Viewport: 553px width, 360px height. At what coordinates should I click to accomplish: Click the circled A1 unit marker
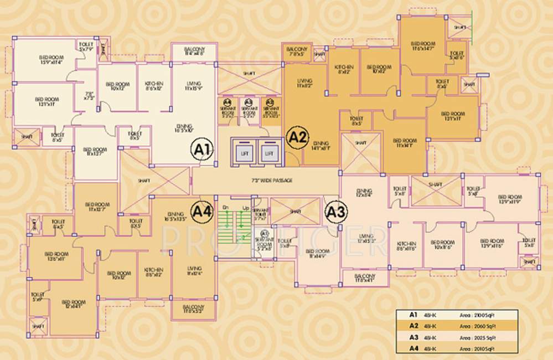(203, 149)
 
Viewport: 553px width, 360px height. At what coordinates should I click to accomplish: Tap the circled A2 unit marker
(298, 137)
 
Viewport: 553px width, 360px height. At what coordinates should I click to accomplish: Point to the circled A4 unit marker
(202, 211)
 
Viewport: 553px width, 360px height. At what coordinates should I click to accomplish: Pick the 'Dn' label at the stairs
(225, 207)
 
